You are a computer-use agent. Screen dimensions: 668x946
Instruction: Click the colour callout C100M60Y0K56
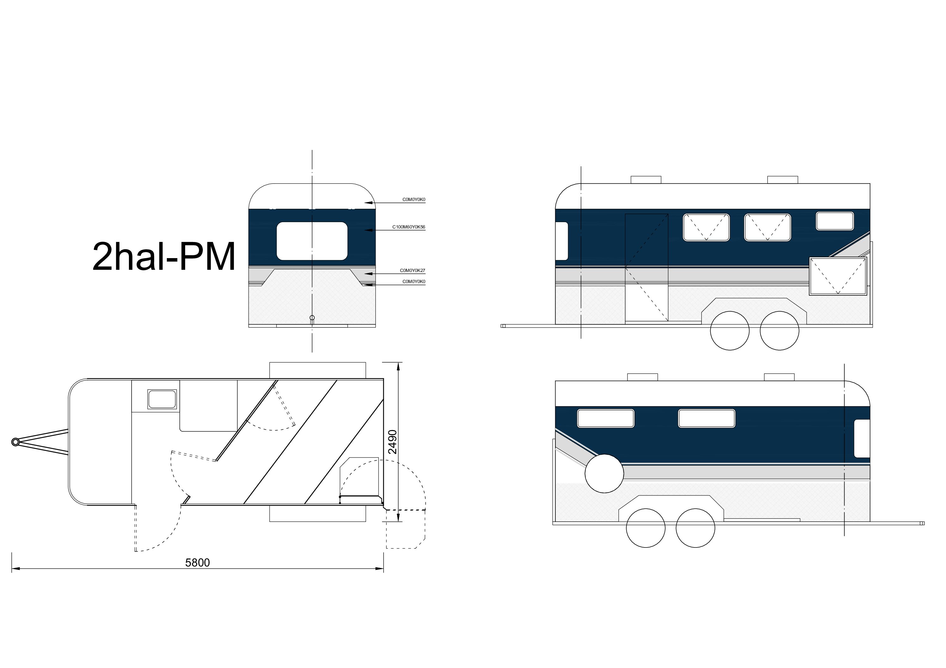[408, 227]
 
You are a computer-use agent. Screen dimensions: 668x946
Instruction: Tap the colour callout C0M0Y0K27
[412, 270]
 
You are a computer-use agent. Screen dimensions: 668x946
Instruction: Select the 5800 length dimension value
[197, 563]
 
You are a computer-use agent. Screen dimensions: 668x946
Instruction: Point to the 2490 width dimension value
[393, 442]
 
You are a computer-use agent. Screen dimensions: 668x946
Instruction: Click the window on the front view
[312, 241]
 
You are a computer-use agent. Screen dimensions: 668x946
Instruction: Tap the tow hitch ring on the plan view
[15, 442]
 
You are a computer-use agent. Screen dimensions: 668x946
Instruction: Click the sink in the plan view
[162, 399]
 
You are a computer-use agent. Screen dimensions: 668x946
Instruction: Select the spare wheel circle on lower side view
[604, 473]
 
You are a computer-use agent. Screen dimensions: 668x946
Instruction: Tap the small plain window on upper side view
[834, 221]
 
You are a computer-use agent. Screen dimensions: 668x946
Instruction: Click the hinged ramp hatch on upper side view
[838, 276]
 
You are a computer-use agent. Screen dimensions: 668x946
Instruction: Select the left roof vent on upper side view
[646, 180]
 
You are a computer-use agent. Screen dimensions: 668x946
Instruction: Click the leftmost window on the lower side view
[605, 418]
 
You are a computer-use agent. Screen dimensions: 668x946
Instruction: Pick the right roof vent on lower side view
[779, 377]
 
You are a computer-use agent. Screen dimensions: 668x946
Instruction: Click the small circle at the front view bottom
[312, 317]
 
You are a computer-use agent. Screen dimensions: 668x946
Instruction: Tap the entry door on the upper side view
[646, 268]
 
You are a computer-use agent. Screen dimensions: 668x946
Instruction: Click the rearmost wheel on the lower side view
[646, 528]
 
